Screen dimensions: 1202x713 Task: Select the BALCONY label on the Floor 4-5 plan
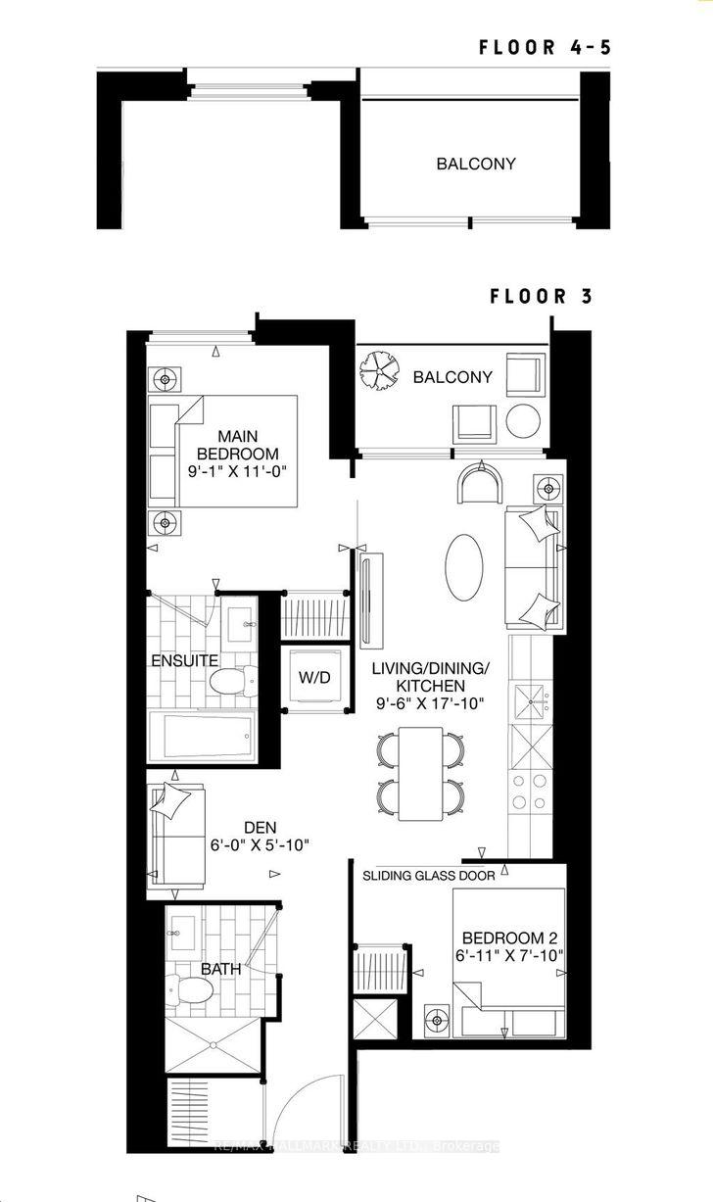click(x=476, y=164)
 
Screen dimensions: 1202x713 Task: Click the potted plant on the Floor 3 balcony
click(x=379, y=370)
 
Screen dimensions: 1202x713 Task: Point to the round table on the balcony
click(x=522, y=421)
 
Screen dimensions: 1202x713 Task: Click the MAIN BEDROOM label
click(x=238, y=445)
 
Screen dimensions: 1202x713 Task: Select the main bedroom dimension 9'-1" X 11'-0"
click(x=238, y=470)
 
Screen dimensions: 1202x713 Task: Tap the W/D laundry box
click(x=314, y=677)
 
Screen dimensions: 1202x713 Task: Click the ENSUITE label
click(x=184, y=660)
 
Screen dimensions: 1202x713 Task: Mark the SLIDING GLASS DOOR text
click(x=428, y=875)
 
